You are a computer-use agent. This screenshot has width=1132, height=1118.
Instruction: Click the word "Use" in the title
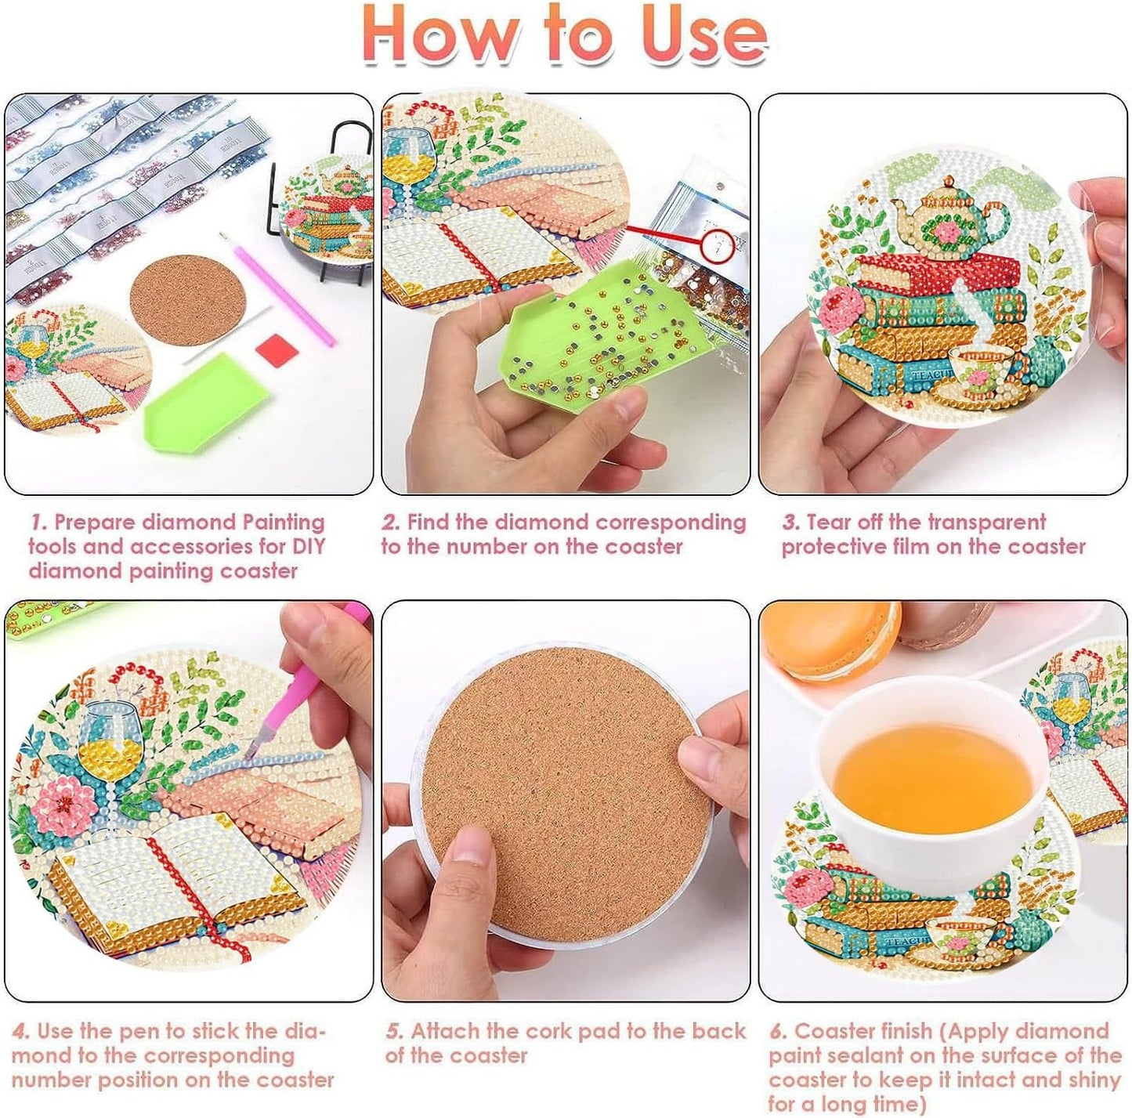coord(703,35)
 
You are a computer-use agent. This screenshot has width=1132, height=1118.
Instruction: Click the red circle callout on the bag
coord(719,244)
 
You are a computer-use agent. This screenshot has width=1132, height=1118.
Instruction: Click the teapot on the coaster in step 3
coord(948,219)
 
